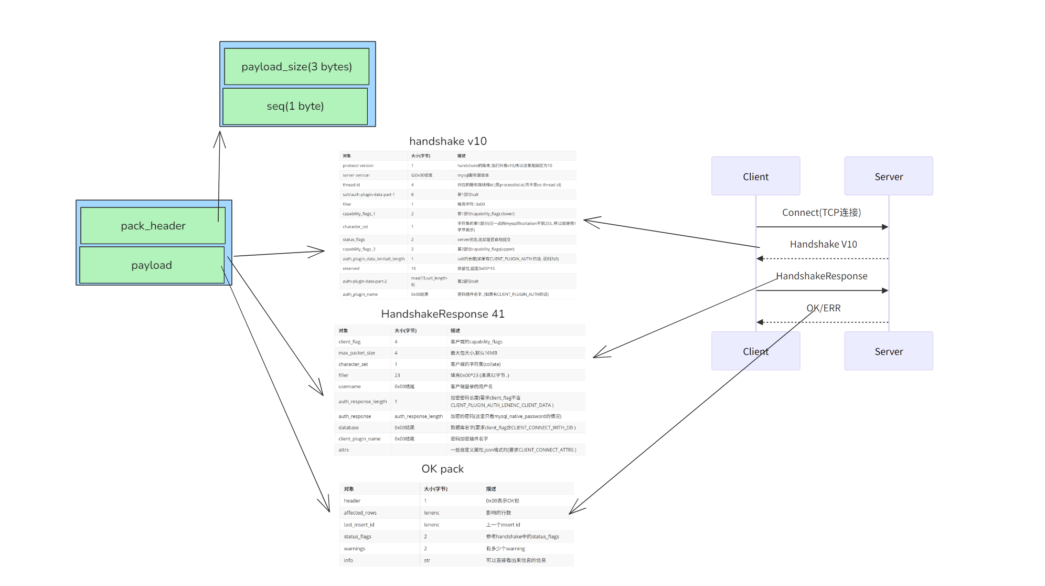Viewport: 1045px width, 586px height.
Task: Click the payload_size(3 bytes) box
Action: [296, 67]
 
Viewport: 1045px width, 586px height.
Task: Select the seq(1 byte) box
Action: [295, 106]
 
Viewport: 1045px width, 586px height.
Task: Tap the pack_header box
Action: [153, 226]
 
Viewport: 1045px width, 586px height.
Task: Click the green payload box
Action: [152, 265]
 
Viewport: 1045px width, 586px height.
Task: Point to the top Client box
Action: [755, 176]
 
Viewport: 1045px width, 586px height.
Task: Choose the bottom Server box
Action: [889, 351]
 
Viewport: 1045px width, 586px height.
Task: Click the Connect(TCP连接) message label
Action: [822, 213]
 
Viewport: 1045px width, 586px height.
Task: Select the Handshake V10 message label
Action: [823, 244]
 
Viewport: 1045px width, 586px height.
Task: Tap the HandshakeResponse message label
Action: [822, 276]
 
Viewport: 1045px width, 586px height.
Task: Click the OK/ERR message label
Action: [824, 308]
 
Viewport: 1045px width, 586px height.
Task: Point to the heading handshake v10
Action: [448, 141]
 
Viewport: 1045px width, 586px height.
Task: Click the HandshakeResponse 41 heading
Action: [443, 314]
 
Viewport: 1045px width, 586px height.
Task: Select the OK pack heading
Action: [443, 469]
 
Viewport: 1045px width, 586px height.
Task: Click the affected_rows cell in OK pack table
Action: [360, 513]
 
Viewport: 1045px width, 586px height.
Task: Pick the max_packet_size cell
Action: [357, 353]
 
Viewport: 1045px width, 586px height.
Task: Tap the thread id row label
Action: [351, 185]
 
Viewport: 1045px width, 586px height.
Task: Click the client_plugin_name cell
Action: [359, 439]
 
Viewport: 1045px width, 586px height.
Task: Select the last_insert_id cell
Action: [359, 525]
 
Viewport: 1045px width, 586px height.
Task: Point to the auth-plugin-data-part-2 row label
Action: [365, 281]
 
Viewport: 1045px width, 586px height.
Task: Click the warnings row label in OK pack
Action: [355, 549]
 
